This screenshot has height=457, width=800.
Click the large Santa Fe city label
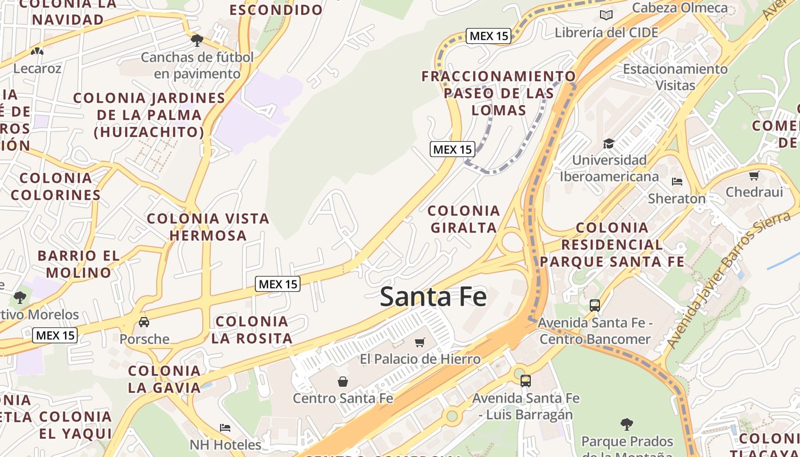pos(433,297)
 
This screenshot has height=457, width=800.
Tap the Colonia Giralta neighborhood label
pos(464,219)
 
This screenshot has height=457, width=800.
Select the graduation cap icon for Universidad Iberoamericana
pos(609,143)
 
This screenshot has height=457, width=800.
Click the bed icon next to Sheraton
pos(677,182)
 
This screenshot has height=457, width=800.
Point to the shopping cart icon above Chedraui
pos(754,175)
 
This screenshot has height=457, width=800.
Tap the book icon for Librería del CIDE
pos(606,15)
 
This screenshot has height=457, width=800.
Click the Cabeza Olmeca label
pos(679,8)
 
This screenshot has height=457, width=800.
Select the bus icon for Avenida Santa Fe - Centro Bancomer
pos(595,306)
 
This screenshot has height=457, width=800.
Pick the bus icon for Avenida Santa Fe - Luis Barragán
pos(526,380)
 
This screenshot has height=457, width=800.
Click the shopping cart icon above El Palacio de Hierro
pos(420,342)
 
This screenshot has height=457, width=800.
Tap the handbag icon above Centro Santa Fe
pos(343,381)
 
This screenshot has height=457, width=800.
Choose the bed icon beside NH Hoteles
pos(225,428)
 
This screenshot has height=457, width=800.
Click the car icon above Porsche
pos(144,322)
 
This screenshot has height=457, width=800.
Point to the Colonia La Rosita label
pos(251,330)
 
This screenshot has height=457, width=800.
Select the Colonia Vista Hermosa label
pos(208,227)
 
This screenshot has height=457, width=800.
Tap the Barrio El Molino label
pos(79,264)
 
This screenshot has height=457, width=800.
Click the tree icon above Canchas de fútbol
pos(197,40)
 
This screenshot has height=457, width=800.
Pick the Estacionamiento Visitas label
pos(675,77)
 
